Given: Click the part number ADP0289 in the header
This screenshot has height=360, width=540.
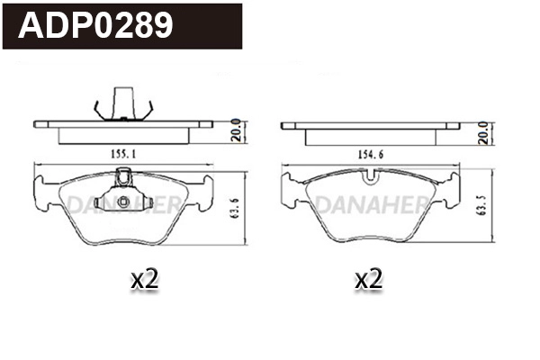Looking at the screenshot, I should click(x=96, y=26).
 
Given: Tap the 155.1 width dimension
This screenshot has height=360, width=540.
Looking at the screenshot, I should click(x=123, y=155).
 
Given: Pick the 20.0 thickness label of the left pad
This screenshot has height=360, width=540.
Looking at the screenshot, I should click(x=235, y=130).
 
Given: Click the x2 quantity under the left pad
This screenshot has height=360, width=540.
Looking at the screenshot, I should click(x=144, y=279).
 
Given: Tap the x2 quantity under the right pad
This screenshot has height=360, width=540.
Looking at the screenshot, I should click(x=368, y=279).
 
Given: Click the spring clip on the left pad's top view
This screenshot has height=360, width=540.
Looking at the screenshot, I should click(x=122, y=102).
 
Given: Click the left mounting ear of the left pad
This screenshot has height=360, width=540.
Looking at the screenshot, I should click(x=42, y=192).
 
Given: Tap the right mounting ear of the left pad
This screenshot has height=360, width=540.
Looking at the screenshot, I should click(x=204, y=192).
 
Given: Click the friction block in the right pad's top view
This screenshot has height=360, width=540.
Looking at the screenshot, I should click(x=371, y=135).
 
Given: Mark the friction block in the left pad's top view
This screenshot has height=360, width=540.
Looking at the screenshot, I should click(x=123, y=135).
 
